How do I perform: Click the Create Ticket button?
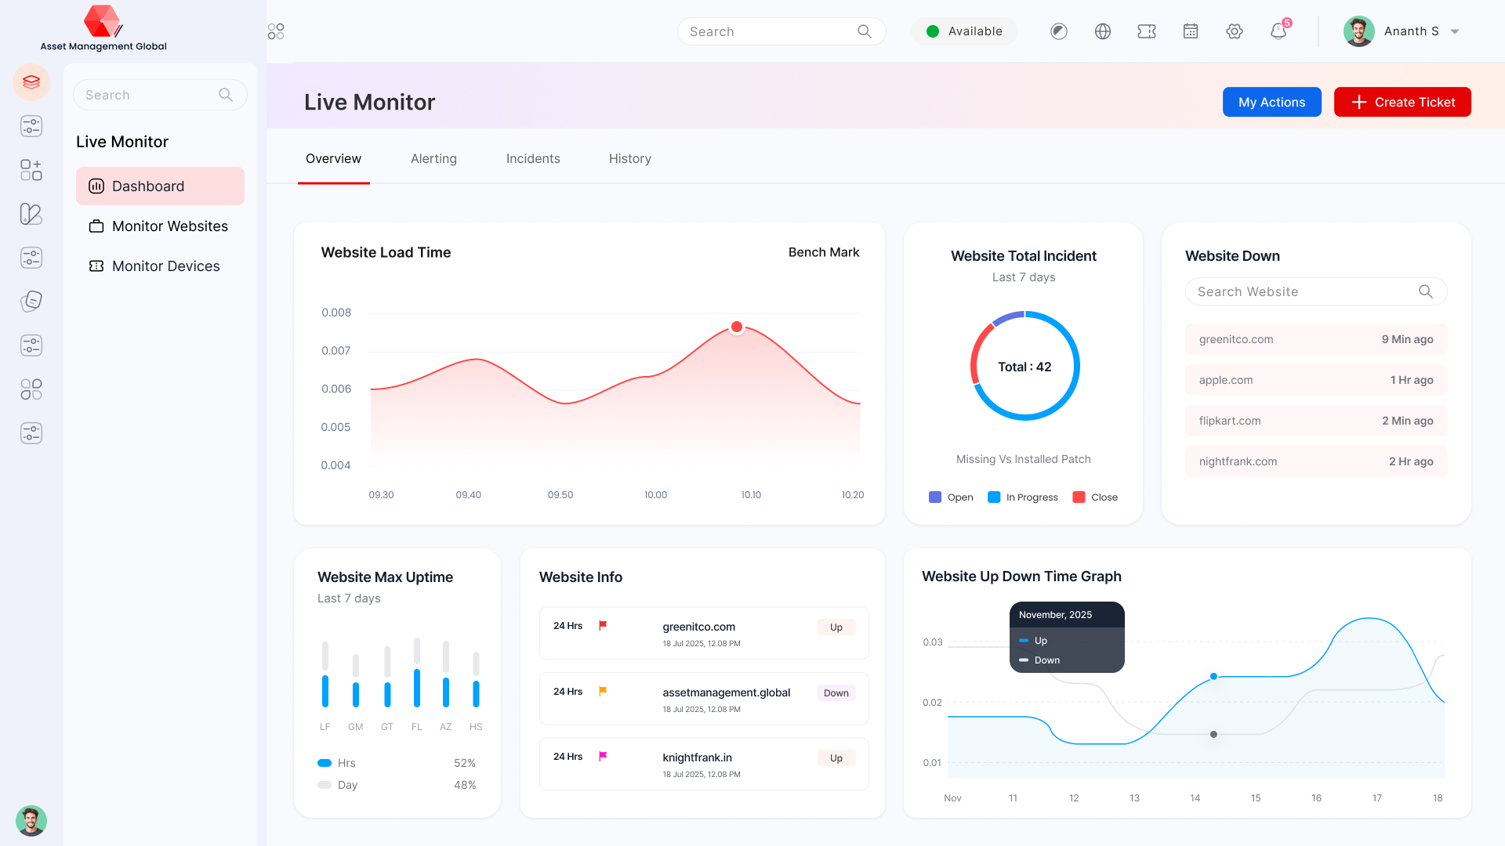pos(1402,102)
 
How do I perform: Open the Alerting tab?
pos(433,158)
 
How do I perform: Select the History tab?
pos(629,158)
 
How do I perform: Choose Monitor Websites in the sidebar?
pos(169,226)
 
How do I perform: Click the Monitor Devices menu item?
pos(165,266)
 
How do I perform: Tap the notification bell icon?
pos(1278,31)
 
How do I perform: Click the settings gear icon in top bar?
pos(1234,31)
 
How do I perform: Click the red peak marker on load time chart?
pos(736,327)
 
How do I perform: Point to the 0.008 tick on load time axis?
pos(336,313)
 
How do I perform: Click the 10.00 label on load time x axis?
pos(655,495)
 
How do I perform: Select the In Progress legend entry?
pos(1023,497)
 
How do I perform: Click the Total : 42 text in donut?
pos(1024,367)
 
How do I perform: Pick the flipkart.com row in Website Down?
pos(1315,421)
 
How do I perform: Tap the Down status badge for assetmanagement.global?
pos(836,693)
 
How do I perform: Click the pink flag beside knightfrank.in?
pos(603,757)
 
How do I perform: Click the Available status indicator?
pos(963,31)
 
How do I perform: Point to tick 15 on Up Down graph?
pos(1255,798)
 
